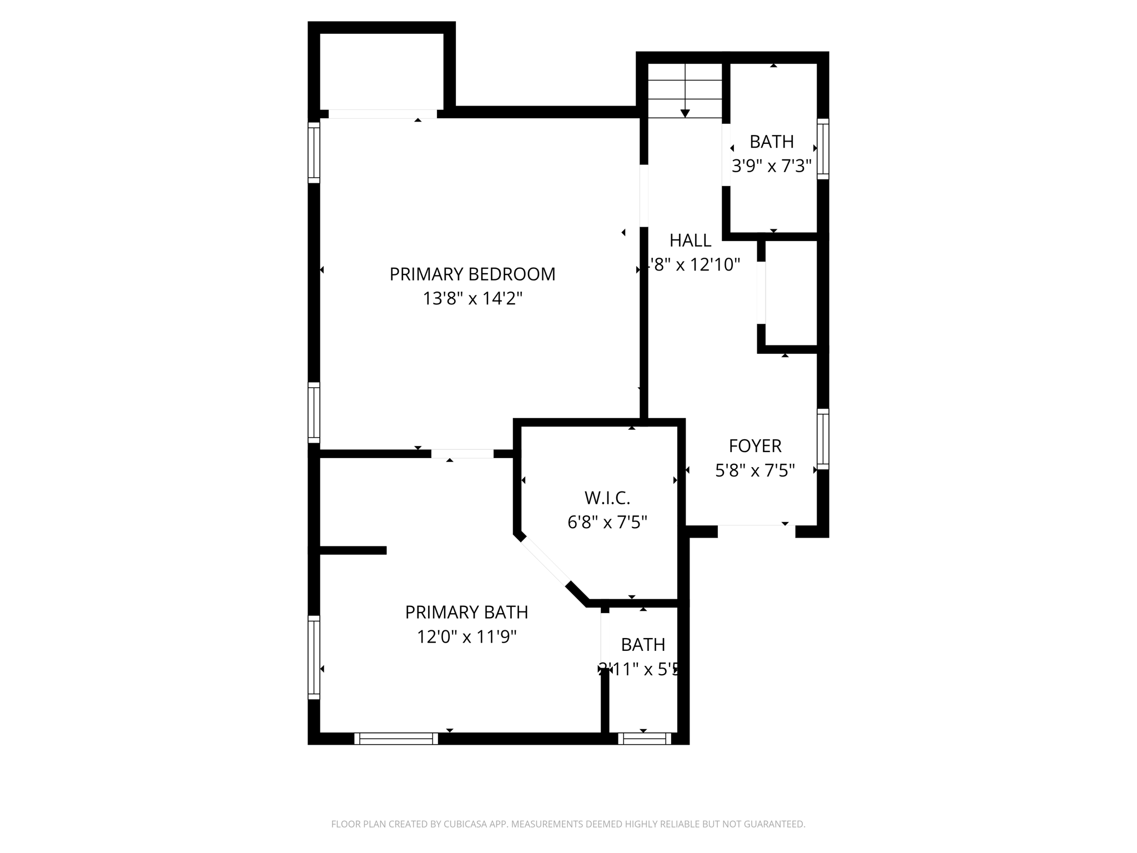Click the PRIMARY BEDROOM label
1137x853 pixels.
click(472, 274)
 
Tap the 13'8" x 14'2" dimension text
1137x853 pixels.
click(472, 299)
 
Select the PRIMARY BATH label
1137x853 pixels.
click(466, 612)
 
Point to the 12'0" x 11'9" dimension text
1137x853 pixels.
click(466, 636)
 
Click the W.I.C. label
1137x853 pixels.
click(607, 498)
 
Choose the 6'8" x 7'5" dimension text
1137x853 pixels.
click(607, 523)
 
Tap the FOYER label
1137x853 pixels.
click(754, 446)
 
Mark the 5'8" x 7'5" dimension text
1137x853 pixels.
click(754, 471)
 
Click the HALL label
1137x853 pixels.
click(690, 240)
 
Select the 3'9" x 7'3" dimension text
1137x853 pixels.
click(771, 166)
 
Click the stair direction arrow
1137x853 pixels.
click(685, 113)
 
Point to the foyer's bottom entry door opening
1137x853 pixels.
click(756, 531)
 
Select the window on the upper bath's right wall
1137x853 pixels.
click(823, 148)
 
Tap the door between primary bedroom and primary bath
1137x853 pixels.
click(462, 454)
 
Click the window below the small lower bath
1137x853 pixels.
click(644, 739)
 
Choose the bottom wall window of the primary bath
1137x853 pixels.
click(396, 739)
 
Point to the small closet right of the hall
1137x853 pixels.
click(791, 294)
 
